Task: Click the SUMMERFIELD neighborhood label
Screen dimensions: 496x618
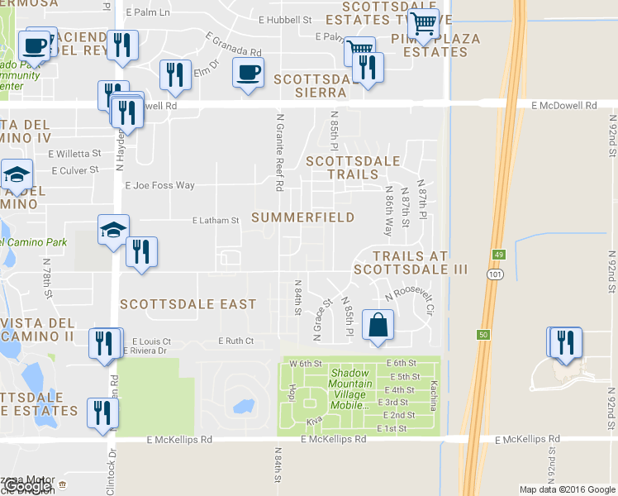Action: (302, 217)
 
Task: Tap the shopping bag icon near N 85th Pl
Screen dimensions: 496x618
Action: (378, 324)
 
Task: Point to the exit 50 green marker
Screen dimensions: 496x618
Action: (483, 335)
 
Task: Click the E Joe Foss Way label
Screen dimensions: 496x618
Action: (159, 186)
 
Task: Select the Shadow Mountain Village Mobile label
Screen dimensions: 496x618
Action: (360, 384)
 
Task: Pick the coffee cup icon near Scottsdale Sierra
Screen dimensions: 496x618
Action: (248, 73)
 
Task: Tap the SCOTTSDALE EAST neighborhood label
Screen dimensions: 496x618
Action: (188, 304)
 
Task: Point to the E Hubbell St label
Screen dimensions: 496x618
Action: (284, 19)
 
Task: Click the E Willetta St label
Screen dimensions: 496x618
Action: (74, 153)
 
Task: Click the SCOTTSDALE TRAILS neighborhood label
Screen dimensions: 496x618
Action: (353, 168)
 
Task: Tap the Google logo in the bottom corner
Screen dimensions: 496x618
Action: (26, 486)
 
